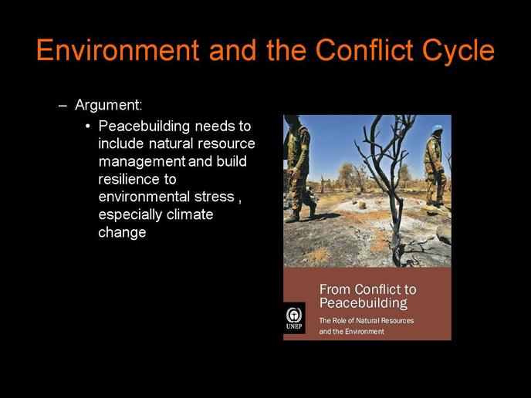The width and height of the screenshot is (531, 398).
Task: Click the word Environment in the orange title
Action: (x=118, y=49)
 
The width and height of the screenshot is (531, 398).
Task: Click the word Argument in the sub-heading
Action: (x=107, y=106)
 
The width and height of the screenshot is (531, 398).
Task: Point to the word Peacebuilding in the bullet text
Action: (x=144, y=127)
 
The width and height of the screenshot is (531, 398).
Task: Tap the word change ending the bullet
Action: (x=122, y=233)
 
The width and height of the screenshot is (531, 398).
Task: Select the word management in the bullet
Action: (x=142, y=162)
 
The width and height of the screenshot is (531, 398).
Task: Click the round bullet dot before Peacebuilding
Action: (x=88, y=126)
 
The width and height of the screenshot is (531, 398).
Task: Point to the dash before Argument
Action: (x=63, y=106)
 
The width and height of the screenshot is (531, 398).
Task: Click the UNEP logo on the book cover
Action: (x=294, y=318)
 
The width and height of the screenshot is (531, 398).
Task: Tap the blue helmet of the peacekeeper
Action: (x=437, y=128)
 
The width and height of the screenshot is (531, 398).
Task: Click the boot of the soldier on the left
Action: (x=292, y=218)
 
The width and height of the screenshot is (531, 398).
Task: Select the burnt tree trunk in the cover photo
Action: (x=394, y=217)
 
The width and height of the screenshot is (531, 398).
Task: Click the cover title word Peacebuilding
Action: (x=364, y=303)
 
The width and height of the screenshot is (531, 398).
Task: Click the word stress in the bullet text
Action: (x=215, y=197)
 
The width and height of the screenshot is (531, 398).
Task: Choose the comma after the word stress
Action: (x=240, y=202)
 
